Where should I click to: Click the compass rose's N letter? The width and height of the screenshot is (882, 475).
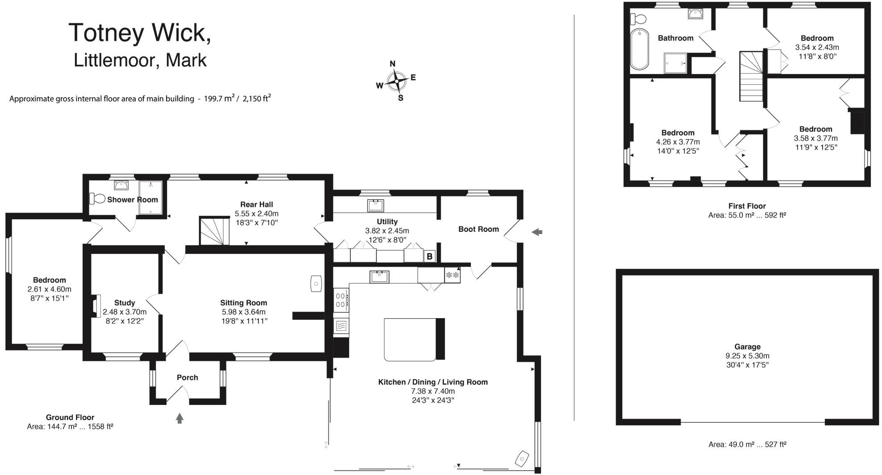tap(392, 64)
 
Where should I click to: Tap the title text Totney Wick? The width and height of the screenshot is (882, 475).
tap(140, 33)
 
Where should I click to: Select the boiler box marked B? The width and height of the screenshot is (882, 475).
tap(429, 256)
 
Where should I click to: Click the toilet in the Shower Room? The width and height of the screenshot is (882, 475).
tap(97, 198)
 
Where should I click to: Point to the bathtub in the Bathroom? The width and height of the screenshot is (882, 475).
tap(639, 49)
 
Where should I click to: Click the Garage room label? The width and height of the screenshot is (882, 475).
tap(747, 346)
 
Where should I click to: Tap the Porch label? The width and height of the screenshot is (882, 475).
tap(187, 377)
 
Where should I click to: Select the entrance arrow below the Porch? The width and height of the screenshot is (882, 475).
tap(179, 418)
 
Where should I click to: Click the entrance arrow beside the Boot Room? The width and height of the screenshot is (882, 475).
tap(537, 232)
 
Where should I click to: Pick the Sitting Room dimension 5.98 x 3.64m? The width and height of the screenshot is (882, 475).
tap(244, 312)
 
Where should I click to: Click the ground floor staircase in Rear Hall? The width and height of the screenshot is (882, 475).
tap(214, 231)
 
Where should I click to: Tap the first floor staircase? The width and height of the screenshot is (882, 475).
tap(752, 76)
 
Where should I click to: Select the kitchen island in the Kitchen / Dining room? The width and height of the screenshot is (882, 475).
tap(410, 339)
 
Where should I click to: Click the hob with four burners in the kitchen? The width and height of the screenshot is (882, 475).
tap(341, 300)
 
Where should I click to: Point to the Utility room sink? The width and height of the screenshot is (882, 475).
tap(375, 205)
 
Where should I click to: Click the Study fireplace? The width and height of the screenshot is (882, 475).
tap(96, 306)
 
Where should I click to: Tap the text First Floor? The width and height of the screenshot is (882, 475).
tap(747, 206)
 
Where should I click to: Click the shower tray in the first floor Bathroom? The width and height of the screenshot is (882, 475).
tap(675, 62)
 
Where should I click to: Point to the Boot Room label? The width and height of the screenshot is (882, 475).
tap(478, 229)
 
